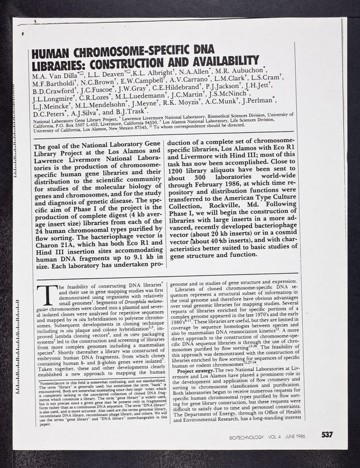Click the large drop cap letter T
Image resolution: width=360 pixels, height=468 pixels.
pyautogui.click(x=43, y=295)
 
